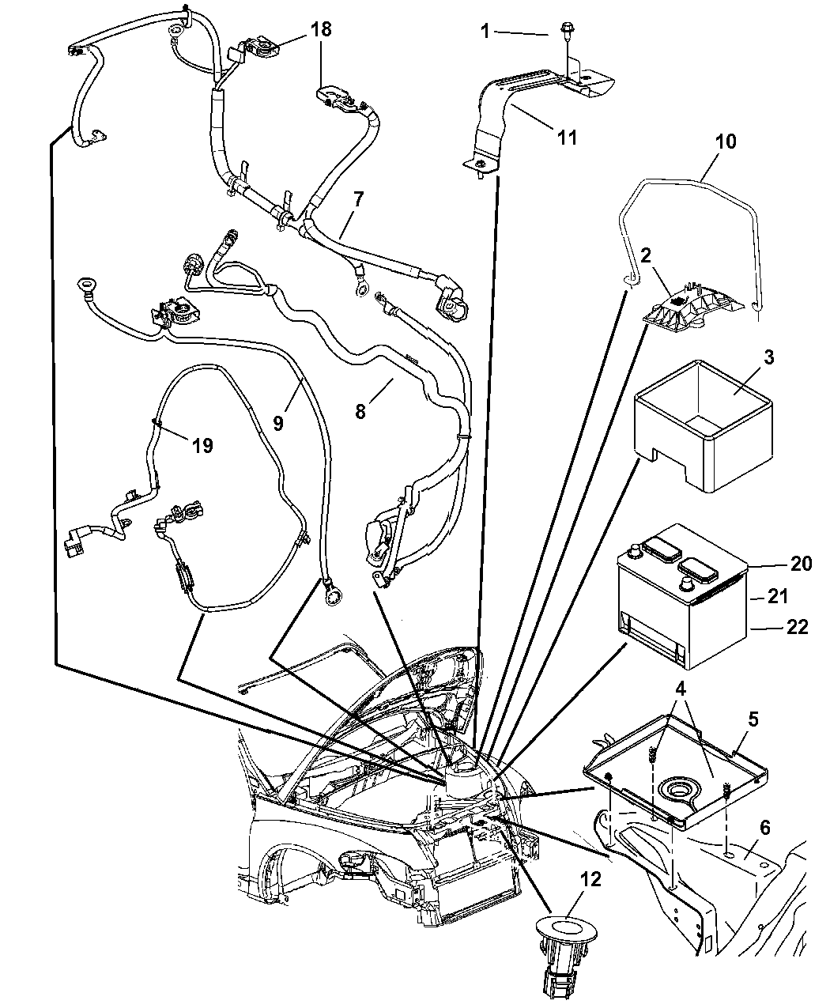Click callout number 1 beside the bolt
click(486, 32)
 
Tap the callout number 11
click(567, 137)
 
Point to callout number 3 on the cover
click(745, 357)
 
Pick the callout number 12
click(590, 879)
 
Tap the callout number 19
click(202, 445)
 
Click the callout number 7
click(358, 199)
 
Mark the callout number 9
click(277, 422)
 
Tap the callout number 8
click(360, 413)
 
